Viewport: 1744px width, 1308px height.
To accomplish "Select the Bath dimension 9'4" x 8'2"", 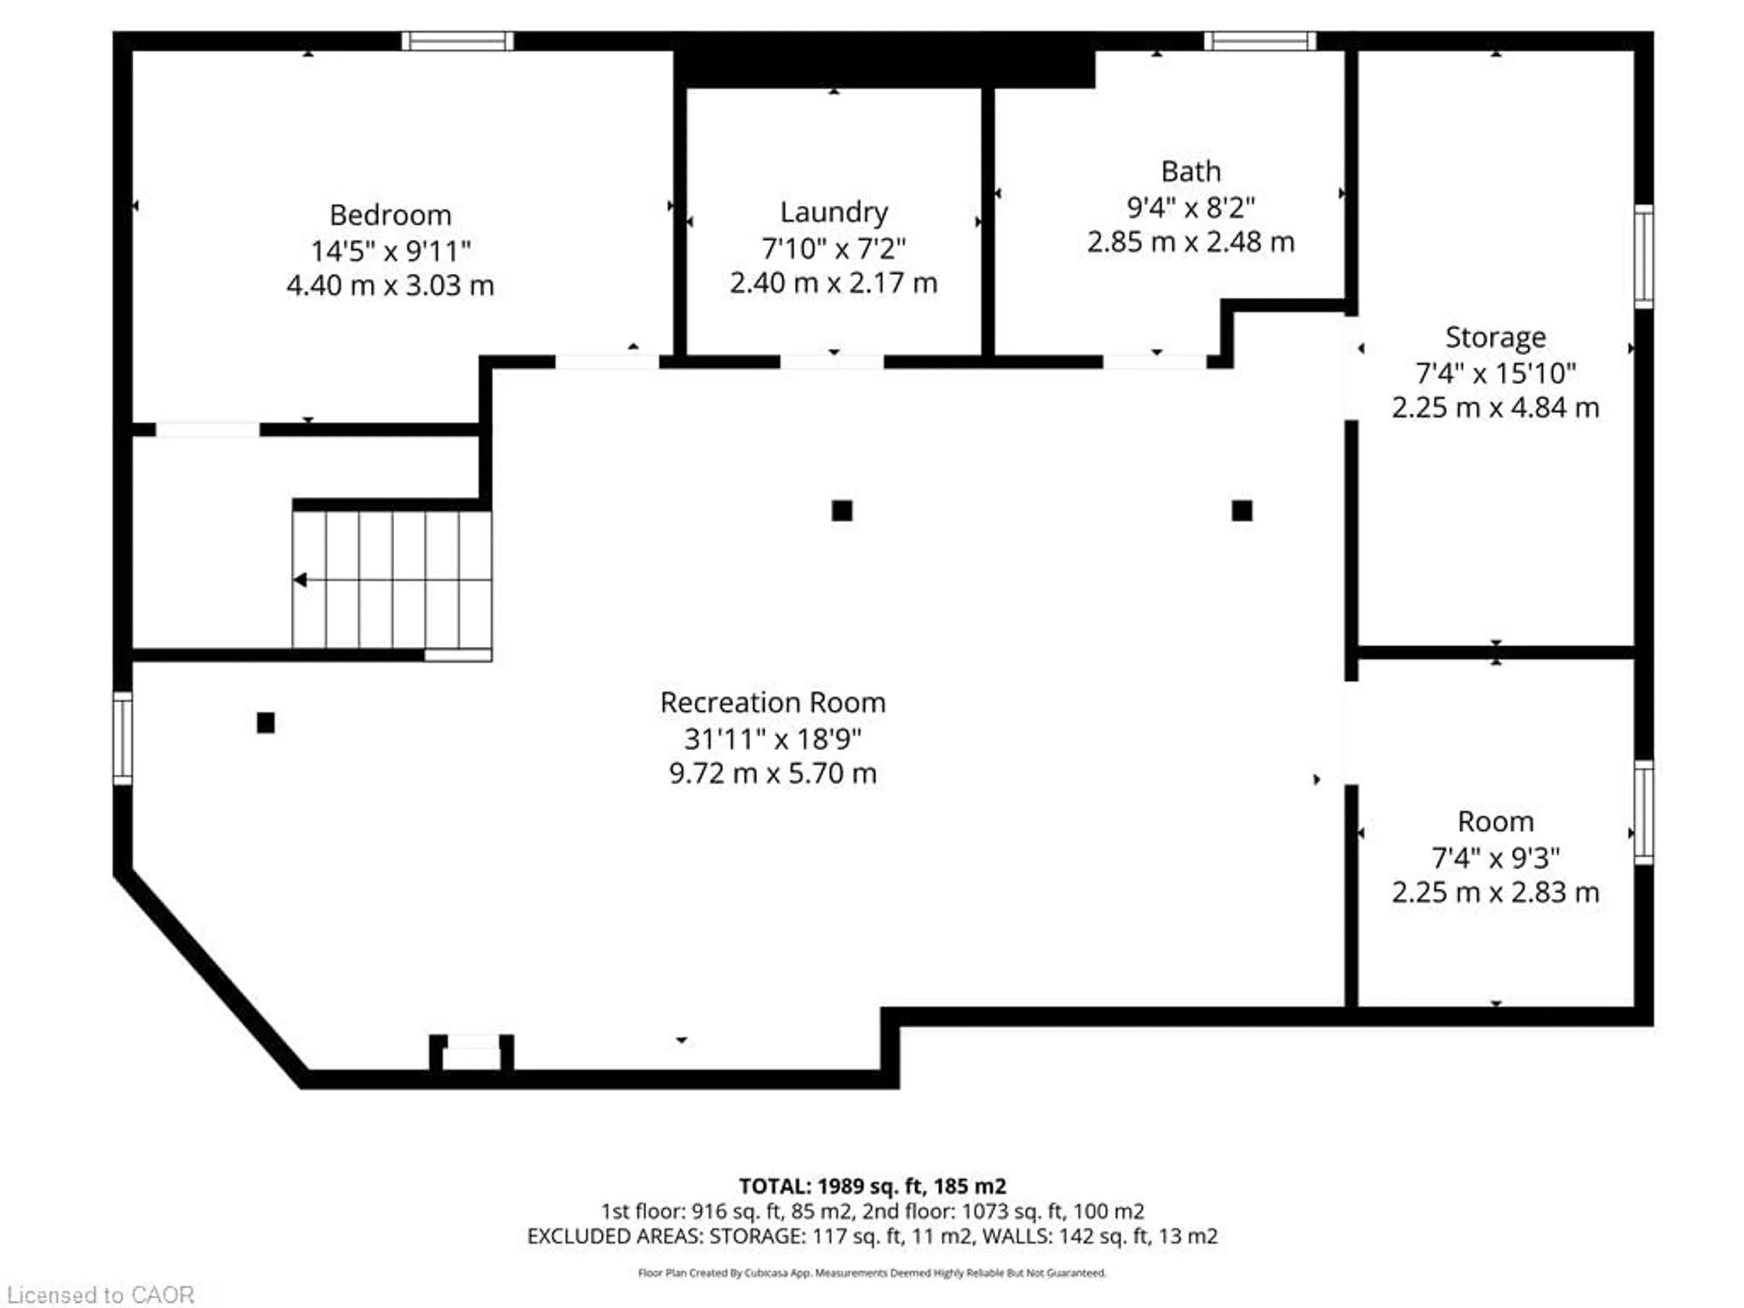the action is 1190,208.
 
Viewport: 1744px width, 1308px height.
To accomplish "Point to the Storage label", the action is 1495,337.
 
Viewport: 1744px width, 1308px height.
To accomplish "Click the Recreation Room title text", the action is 773,703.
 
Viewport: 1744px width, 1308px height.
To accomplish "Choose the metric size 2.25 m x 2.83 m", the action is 1495,892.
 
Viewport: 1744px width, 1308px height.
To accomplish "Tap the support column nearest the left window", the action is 266,722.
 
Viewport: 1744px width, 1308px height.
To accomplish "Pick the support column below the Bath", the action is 1242,511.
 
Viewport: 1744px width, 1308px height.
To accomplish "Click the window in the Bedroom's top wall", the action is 457,40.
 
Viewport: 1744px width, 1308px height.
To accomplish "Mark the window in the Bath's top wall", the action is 1259,40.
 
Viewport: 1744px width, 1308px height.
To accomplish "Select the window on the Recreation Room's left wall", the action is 122,738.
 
